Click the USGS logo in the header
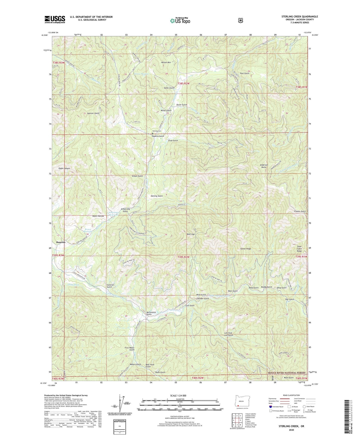click(55, 19)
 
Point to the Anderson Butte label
click(264, 166)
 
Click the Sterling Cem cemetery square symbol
click(152, 134)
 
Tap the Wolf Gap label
click(191, 234)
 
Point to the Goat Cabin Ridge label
click(299, 249)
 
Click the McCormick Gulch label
click(151, 313)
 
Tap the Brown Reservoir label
click(88, 231)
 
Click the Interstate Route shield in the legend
click(270, 406)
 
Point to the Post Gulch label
click(244, 73)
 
